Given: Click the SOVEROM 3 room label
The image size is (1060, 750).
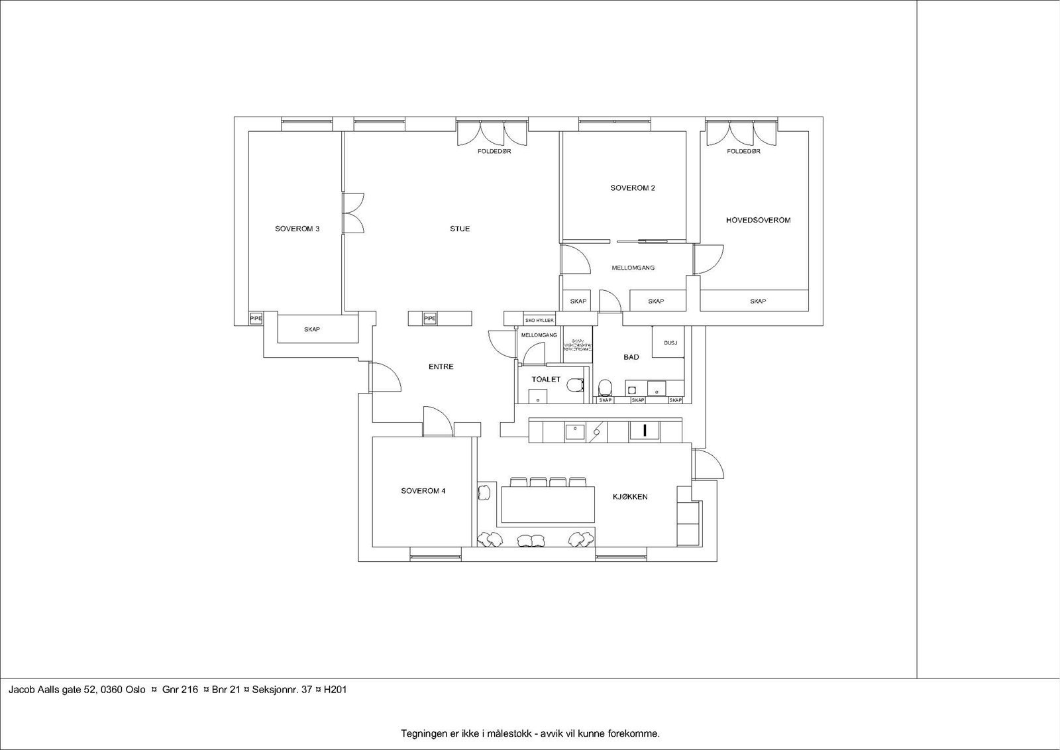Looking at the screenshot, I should click(297, 229).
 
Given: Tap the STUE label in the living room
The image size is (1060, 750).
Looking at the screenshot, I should click(460, 229).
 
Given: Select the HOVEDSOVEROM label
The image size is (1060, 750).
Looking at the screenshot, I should click(758, 220).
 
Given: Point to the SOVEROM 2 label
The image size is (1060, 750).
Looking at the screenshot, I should click(633, 188).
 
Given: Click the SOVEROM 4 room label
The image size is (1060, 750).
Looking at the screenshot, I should click(423, 491).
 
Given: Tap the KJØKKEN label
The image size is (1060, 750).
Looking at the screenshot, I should click(630, 497).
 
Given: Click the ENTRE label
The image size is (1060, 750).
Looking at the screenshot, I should click(441, 367).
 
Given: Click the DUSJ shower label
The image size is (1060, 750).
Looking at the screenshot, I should click(670, 343).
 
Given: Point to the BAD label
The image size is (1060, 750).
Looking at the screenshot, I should click(631, 357).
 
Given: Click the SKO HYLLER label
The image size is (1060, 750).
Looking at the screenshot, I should click(539, 320).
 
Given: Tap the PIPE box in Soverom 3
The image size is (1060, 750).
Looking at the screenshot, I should click(256, 319).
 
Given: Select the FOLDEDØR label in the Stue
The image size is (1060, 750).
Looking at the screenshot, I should click(494, 152).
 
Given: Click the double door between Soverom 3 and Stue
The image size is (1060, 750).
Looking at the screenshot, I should click(353, 213).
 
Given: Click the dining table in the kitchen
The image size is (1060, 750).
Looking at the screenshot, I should click(548, 505).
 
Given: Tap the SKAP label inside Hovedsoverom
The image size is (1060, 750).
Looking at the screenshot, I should click(758, 301).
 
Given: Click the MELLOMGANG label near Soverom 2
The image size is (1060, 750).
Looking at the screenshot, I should click(633, 268).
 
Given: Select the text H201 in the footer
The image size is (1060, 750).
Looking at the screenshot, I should click(335, 690).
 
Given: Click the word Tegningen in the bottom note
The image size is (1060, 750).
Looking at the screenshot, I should click(421, 733).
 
